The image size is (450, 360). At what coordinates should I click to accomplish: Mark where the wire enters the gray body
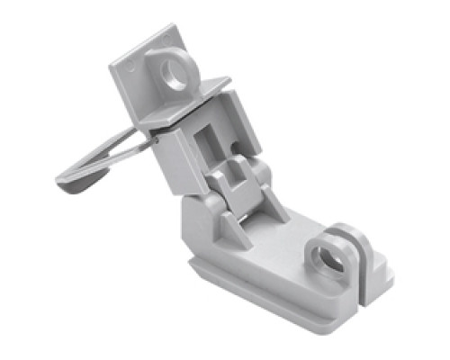point(156,137)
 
